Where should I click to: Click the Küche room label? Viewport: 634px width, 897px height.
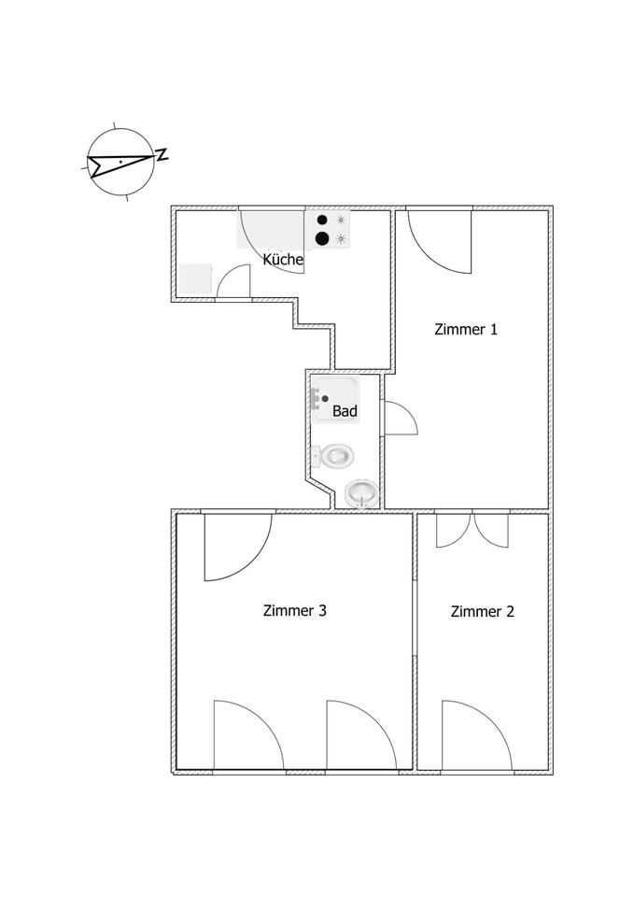click(x=282, y=260)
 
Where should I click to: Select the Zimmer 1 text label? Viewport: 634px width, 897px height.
click(x=466, y=329)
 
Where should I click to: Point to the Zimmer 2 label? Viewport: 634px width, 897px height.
click(x=482, y=612)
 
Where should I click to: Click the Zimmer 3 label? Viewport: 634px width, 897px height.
click(x=294, y=611)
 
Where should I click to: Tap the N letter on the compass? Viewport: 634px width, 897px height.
click(x=162, y=155)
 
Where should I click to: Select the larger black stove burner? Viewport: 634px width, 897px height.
click(x=322, y=238)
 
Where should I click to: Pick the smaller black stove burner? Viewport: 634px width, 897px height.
click(x=322, y=221)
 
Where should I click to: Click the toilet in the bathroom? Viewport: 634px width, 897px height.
click(x=335, y=456)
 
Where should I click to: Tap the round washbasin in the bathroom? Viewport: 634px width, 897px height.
click(x=361, y=492)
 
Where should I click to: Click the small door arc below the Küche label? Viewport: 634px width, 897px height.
click(x=234, y=282)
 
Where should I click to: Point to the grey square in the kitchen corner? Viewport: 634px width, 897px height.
click(x=196, y=279)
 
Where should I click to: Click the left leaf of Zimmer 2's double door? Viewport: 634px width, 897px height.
click(x=452, y=532)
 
